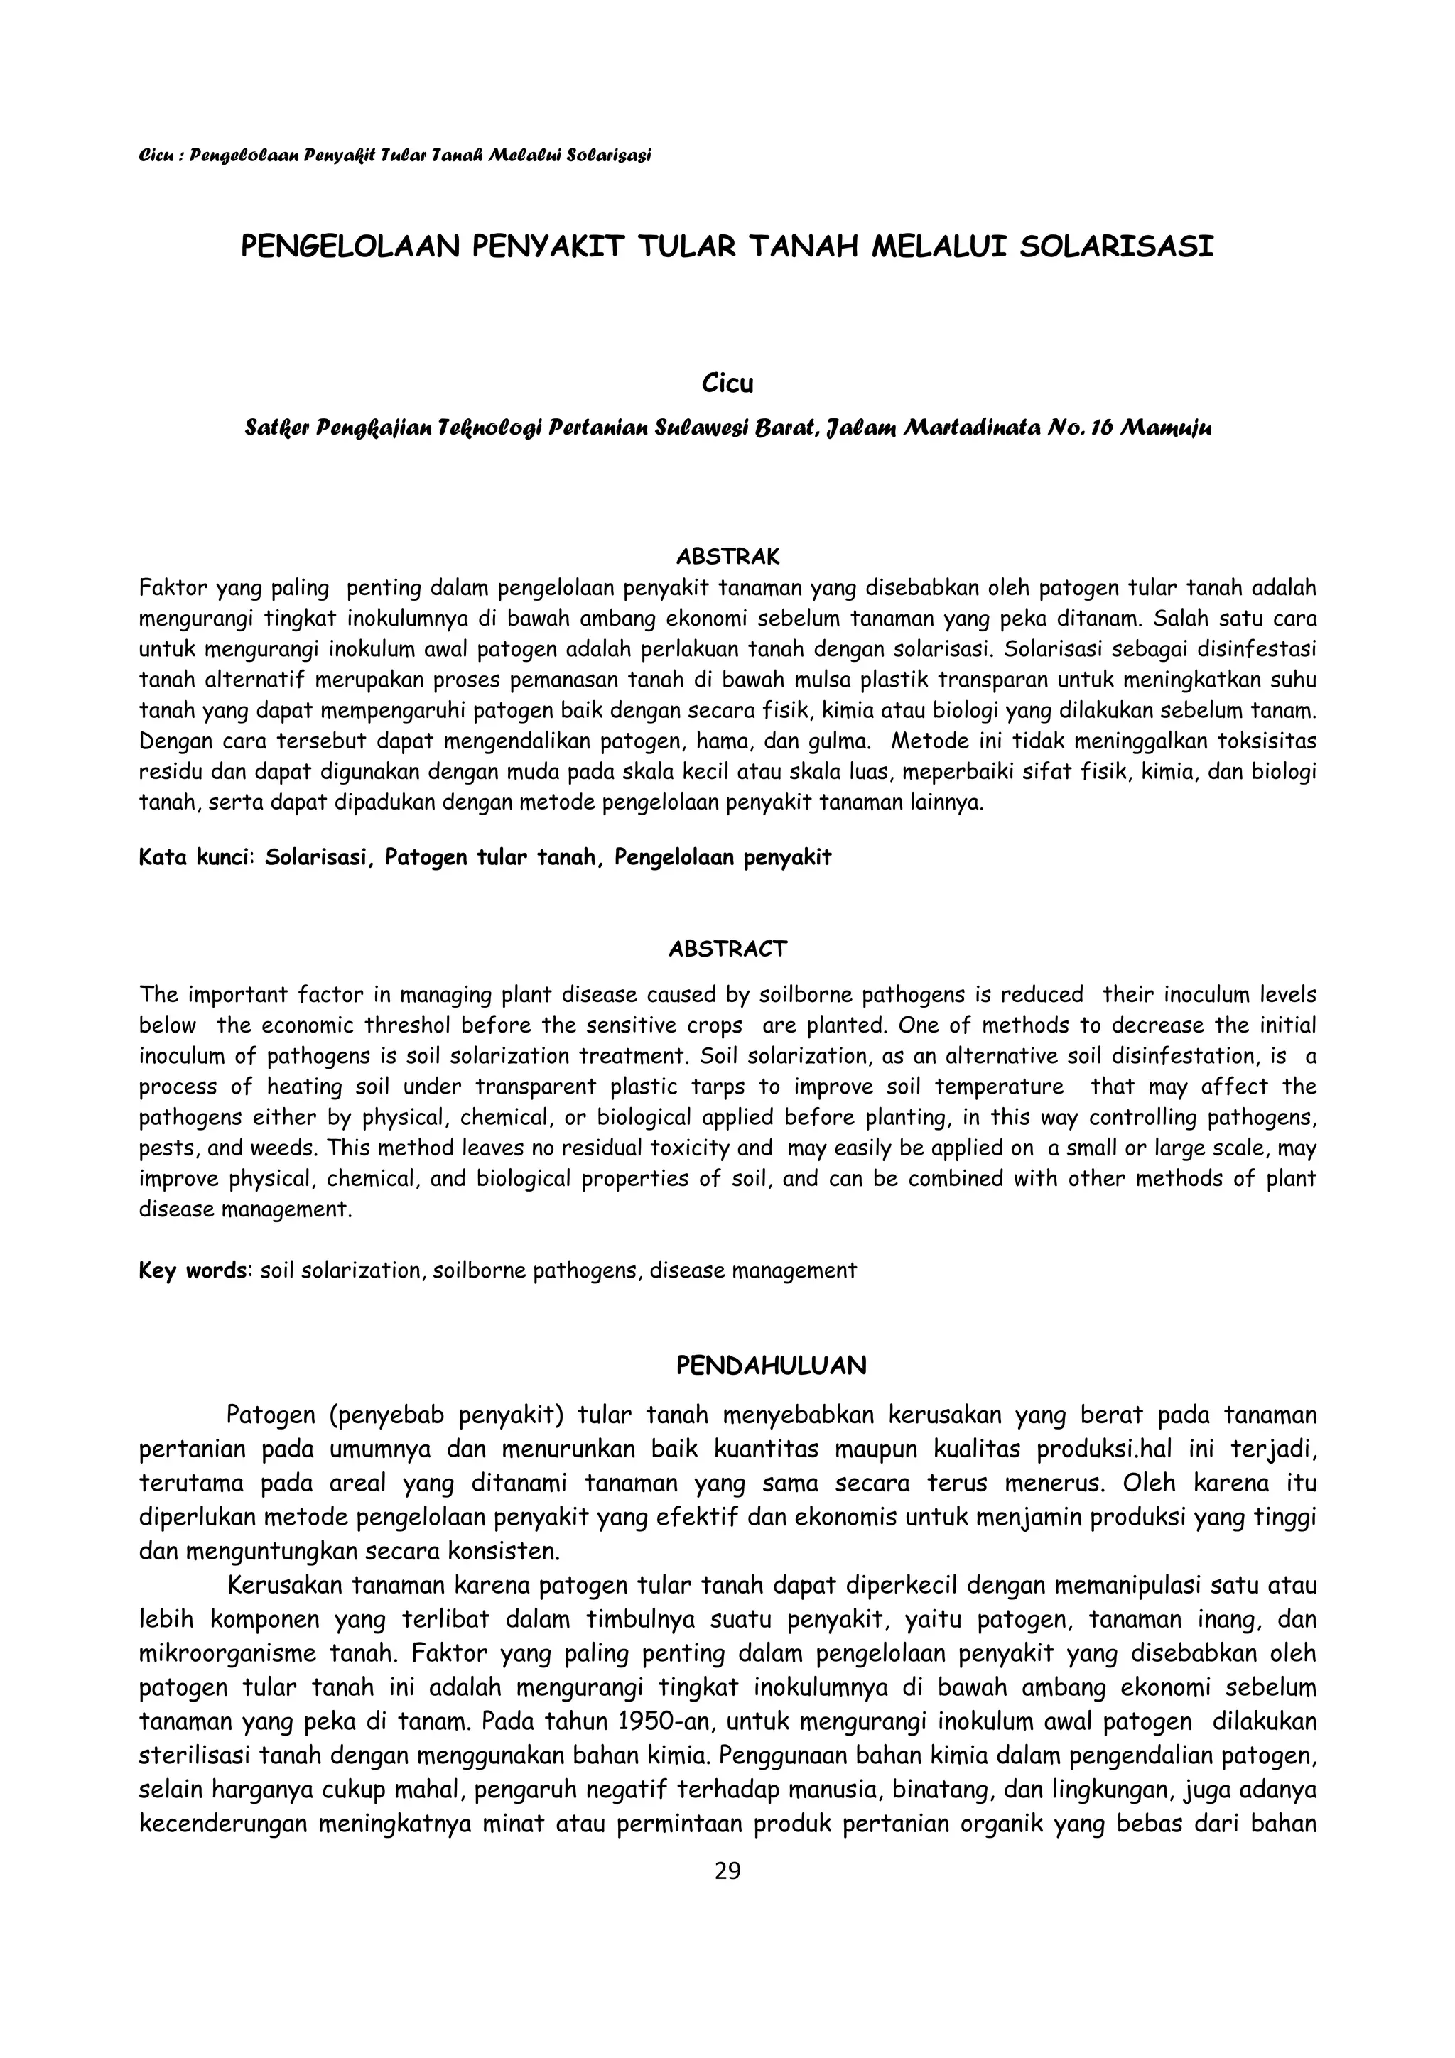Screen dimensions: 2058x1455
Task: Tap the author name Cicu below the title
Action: click(x=727, y=383)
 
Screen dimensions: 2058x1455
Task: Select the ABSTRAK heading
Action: click(x=727, y=557)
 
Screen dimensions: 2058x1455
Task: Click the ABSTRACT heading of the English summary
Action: click(x=727, y=949)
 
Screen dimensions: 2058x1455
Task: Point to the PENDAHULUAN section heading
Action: click(x=771, y=1366)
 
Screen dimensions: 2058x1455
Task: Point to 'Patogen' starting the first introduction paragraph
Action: click(x=271, y=1415)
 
